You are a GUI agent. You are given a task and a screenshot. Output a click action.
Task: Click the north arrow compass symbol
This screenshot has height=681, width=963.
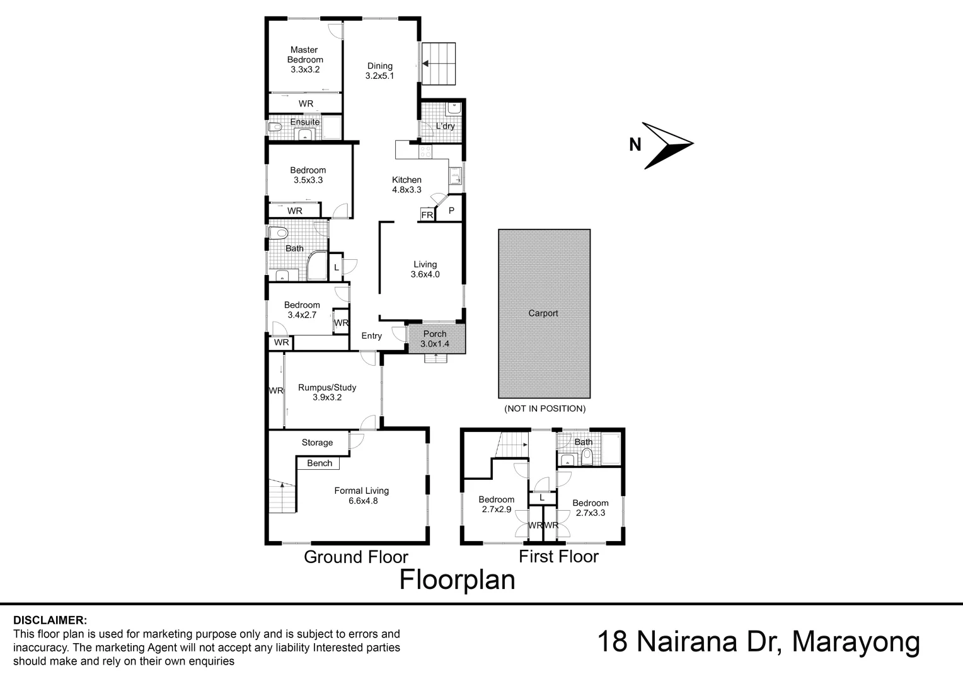point(667,146)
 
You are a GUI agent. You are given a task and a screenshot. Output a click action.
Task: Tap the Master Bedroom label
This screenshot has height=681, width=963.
point(305,59)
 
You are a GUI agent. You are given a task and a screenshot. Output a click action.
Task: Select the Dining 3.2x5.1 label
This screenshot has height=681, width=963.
point(380,71)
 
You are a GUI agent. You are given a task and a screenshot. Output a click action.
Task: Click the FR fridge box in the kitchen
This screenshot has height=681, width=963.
point(427,215)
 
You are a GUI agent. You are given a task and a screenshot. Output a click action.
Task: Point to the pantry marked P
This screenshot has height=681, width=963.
point(451,211)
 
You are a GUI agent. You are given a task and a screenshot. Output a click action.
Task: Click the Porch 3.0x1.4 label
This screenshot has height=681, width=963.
point(435,339)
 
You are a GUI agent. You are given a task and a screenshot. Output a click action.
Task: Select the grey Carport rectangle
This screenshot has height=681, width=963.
point(544,313)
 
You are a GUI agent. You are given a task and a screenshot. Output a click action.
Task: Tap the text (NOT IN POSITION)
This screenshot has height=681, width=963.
point(545,409)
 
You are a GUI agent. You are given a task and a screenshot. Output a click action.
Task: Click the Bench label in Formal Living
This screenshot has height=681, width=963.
point(320,463)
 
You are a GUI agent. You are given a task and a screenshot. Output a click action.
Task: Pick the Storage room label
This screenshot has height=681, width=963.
point(317,443)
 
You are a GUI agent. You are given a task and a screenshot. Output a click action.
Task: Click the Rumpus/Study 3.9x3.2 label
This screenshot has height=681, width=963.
point(327,392)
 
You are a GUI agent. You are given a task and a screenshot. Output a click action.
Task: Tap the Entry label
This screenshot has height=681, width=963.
point(372,336)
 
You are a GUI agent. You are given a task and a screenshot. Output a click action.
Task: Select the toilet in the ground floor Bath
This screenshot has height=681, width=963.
point(277,233)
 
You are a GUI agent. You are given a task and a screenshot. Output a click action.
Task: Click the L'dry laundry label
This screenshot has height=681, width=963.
point(445,126)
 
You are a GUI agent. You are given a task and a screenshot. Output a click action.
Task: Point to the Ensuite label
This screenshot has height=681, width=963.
point(305,122)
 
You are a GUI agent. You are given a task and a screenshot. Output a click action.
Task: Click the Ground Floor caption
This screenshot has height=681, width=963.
point(356,557)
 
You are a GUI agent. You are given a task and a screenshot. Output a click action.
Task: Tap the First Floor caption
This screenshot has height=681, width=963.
point(558,556)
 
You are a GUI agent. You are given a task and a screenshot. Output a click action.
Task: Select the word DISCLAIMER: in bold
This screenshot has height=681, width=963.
point(50,620)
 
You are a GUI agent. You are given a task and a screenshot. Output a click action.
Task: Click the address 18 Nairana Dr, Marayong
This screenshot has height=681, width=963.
point(758,643)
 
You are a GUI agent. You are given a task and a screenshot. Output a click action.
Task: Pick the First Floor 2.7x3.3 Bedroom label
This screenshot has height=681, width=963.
point(591,508)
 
